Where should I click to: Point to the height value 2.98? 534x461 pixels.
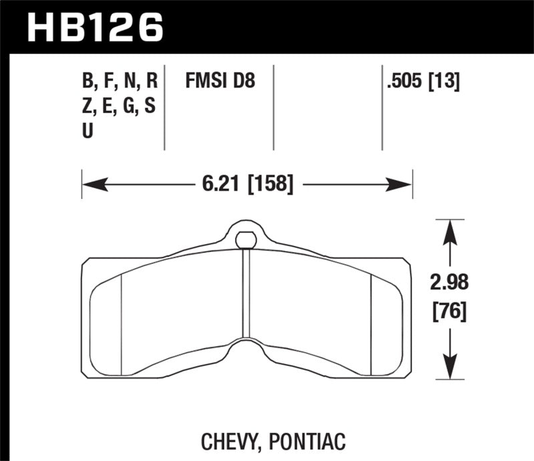(449, 283)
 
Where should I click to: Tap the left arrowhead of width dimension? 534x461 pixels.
(89, 182)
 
